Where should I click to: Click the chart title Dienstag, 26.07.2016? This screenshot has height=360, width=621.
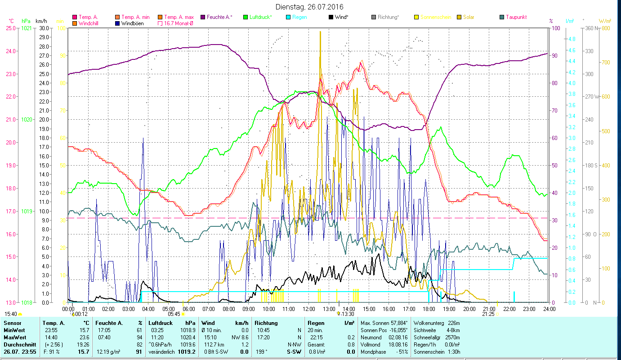click(310, 7)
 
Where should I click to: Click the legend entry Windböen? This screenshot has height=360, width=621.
click(132, 23)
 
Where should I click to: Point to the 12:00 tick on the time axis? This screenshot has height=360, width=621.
click(308, 309)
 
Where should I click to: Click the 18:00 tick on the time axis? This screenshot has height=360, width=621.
click(429, 309)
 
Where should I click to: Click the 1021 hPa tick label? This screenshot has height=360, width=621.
click(27, 28)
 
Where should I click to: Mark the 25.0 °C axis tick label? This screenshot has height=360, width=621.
click(10, 28)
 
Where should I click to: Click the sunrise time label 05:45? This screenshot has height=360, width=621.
click(174, 314)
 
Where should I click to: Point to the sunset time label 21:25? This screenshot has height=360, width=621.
click(488, 314)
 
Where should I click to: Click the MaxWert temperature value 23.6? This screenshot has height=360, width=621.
click(84, 337)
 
